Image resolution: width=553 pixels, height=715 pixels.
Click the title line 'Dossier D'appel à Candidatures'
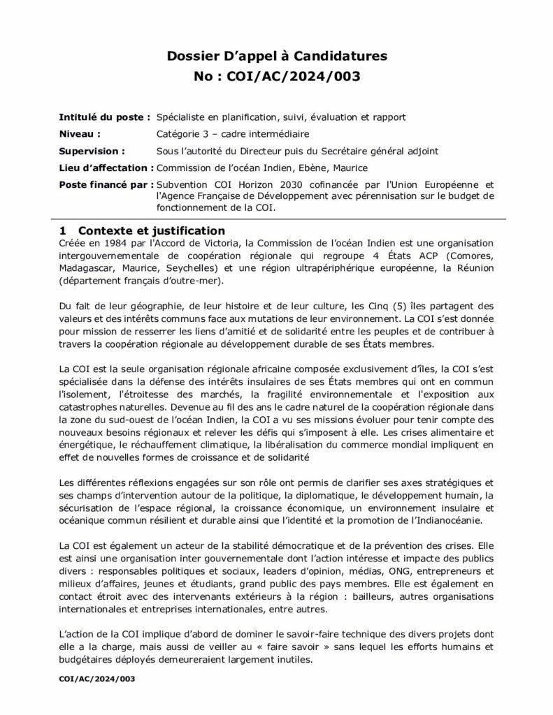pos(276,55)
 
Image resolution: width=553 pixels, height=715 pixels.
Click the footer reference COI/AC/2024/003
pos(97,679)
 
